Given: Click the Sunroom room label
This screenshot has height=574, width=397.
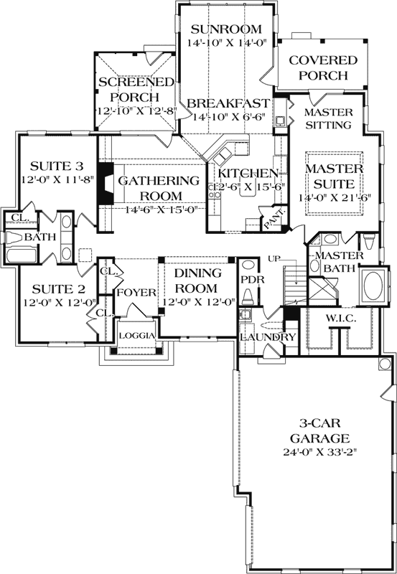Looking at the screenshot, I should (225, 29).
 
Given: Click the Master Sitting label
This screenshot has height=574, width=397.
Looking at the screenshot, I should (328, 119).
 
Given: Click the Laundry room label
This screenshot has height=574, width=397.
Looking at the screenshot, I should (268, 337).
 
